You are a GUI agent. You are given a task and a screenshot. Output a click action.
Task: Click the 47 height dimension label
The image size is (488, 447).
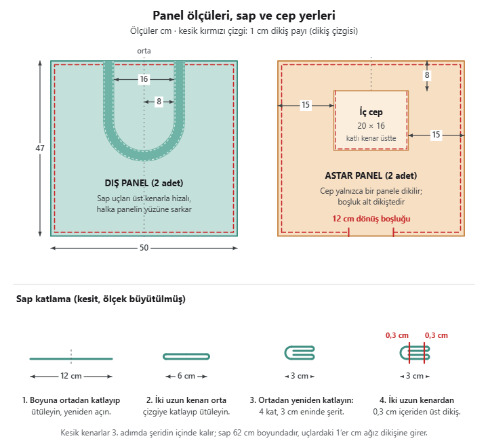(x=40, y=148)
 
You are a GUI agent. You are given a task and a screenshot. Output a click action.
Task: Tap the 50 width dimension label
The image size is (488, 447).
(x=144, y=248)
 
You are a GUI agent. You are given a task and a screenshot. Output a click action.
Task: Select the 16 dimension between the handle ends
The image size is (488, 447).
(x=144, y=79)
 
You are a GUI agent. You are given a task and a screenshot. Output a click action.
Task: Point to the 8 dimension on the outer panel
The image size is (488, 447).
(x=159, y=102)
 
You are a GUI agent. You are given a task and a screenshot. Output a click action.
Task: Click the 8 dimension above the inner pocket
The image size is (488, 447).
(x=427, y=75)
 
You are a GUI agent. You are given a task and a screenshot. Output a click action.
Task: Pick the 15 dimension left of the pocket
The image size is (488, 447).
(x=306, y=105)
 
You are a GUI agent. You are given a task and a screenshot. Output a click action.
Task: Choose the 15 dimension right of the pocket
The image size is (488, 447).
(x=436, y=134)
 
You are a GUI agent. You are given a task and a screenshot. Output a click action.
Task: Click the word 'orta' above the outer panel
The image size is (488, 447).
(x=144, y=51)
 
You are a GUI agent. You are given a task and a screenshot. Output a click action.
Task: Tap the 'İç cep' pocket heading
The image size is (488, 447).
(x=371, y=112)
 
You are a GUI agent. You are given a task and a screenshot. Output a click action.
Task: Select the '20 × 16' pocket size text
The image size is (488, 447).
(x=371, y=126)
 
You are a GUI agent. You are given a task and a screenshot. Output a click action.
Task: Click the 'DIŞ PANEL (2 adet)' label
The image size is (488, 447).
(x=144, y=183)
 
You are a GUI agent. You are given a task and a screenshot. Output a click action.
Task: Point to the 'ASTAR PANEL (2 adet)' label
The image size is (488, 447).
(x=371, y=175)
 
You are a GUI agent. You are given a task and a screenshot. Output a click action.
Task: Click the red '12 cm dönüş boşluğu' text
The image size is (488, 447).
(x=371, y=219)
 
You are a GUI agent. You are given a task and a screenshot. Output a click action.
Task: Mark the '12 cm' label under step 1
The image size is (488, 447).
(x=71, y=376)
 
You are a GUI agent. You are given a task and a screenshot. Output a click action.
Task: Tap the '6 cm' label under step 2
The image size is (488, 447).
(x=186, y=376)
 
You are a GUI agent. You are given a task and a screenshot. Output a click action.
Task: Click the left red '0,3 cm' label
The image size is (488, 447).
(x=396, y=335)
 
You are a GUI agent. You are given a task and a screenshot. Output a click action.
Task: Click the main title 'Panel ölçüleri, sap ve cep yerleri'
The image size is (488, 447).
(x=244, y=16)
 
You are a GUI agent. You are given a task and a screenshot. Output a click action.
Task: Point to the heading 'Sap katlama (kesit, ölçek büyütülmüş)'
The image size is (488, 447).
(x=101, y=299)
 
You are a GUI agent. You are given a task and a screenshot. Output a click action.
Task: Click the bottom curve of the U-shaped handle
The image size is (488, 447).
(x=144, y=156)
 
